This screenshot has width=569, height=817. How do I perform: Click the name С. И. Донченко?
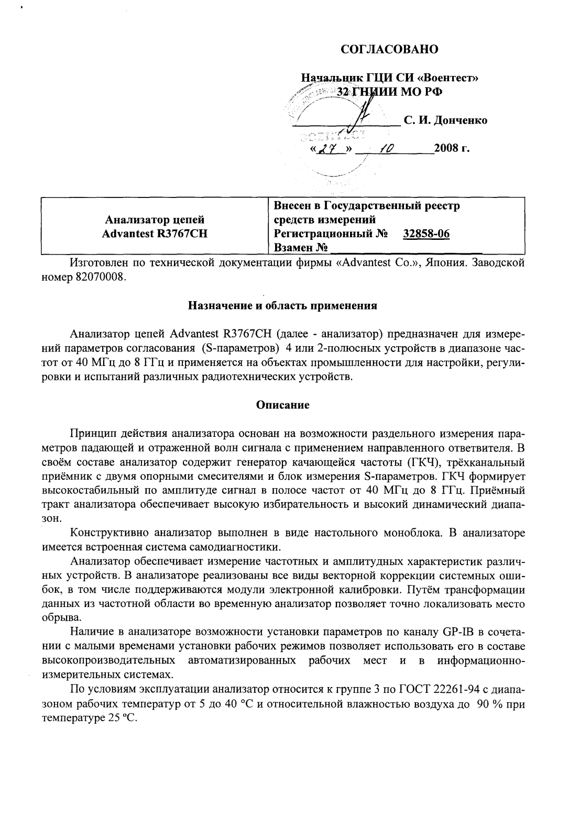445,120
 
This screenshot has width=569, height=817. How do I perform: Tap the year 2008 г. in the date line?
452,148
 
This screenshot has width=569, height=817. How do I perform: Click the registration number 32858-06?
426,234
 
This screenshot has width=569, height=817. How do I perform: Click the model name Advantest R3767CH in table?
155,234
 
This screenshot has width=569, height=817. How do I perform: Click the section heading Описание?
283,404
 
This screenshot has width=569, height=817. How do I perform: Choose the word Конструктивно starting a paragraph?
108,533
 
